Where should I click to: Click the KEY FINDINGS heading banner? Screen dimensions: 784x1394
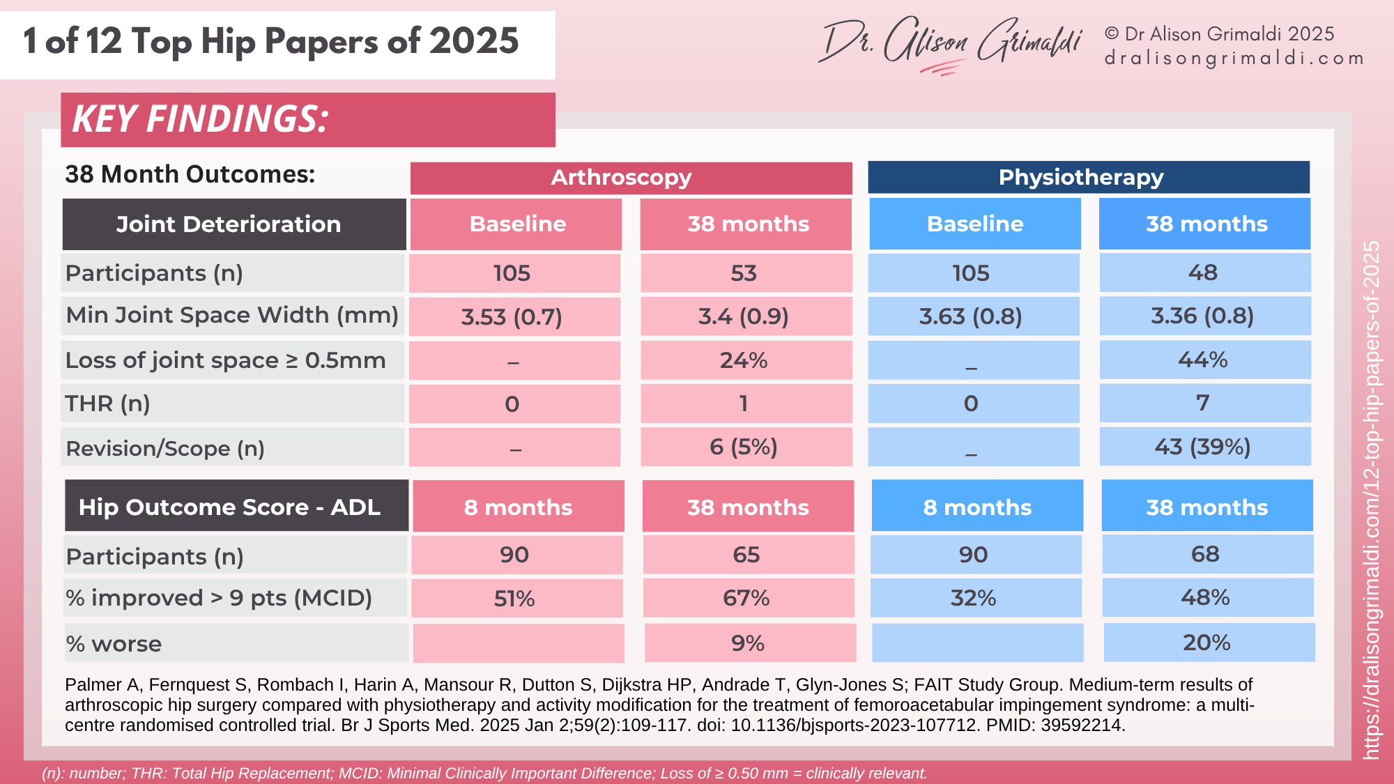point(307,119)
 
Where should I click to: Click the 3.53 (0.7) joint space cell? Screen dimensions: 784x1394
point(514,317)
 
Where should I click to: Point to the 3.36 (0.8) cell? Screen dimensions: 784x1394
point(1204,316)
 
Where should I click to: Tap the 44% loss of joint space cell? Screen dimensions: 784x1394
point(1204,360)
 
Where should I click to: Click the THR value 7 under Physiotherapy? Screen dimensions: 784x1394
point(1204,403)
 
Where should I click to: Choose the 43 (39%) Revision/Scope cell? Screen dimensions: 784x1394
point(1204,447)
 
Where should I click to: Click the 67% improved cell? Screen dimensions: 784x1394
point(747,598)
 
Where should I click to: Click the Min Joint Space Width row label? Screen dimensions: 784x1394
point(232,316)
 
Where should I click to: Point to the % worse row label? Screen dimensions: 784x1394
point(114,644)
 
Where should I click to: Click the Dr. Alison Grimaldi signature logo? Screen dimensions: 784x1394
point(951,43)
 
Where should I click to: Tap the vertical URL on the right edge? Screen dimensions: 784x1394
point(1371,500)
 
